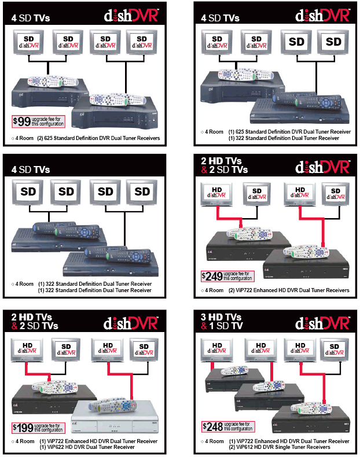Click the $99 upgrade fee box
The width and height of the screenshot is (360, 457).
38,121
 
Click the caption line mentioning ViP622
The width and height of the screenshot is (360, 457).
98,447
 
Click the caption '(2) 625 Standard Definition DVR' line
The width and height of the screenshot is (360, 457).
98,139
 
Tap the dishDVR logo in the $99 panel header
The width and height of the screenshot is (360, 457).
132,16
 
